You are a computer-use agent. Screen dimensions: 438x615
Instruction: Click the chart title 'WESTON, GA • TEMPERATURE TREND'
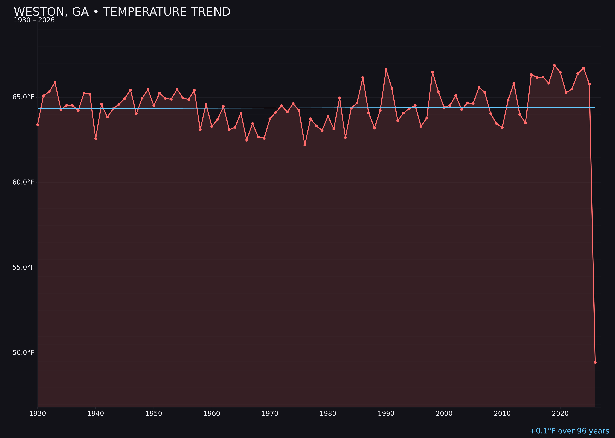122,12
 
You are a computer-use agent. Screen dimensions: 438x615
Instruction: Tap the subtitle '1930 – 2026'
34,20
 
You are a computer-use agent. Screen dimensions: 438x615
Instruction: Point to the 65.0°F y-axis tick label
23,97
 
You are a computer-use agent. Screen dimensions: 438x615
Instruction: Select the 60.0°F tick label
23,182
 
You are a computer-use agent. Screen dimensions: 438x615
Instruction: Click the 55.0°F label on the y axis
23,267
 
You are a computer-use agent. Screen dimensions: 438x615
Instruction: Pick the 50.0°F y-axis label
23,353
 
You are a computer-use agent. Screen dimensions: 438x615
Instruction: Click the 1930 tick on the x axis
38,414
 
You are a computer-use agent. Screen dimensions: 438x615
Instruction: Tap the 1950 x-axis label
154,414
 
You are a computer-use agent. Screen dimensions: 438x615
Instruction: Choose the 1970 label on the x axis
270,414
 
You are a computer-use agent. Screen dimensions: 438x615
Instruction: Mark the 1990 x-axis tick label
386,414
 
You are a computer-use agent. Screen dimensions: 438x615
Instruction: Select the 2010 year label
502,414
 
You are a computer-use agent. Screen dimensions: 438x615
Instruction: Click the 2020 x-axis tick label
560,414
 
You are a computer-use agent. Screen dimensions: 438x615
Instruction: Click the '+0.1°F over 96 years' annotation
569,431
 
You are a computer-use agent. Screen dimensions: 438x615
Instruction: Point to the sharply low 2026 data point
595,362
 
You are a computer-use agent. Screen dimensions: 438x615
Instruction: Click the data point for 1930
38,124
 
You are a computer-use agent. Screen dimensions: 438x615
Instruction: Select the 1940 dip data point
96,138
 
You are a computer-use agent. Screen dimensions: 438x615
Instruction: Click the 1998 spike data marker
432,72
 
